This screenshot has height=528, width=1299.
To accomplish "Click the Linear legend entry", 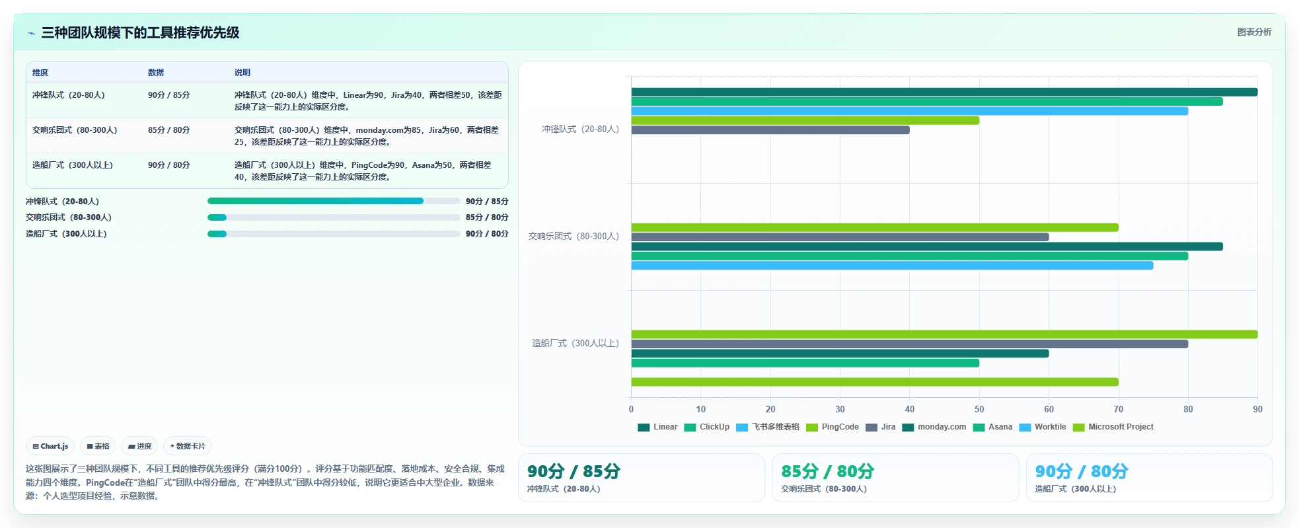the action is pos(657,427).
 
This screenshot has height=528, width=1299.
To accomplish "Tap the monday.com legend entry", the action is pos(934,427).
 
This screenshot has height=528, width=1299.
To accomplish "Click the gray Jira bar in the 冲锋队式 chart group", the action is pos(770,130).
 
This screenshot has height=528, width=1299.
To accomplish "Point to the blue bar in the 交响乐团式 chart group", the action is pos(892,266).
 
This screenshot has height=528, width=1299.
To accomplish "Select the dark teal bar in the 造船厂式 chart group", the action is pos(840,354).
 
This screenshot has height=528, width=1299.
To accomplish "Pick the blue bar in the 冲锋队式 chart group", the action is pos(909,111).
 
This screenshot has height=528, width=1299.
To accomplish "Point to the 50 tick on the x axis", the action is pos(979,409).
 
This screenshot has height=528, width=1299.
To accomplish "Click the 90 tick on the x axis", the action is pos(1257,409).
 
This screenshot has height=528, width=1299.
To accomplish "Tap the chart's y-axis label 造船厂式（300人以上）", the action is pos(575,343).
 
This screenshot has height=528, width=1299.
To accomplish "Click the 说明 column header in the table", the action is pos(242,73).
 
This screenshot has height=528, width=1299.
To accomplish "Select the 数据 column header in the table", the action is pos(156,73).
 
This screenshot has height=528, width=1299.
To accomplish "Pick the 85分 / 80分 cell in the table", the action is pos(168,130).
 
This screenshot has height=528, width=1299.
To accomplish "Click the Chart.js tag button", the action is pos(50,446).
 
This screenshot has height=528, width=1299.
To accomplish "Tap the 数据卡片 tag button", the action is pos(188,446).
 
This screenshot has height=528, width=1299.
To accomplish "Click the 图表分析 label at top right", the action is pos(1254,32).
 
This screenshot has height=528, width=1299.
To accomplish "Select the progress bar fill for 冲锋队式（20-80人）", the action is pos(315,201).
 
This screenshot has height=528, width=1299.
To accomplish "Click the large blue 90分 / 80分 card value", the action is pos(1081,471).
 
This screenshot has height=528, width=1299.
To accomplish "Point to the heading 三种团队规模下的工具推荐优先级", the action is pos(140,32).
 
